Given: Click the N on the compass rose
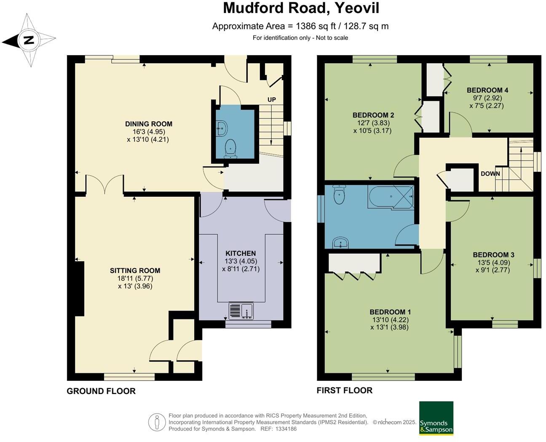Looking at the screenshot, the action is (x=29, y=40).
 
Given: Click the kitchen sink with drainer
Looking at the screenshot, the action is (x=241, y=311).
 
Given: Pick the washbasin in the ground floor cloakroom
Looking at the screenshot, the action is (x=222, y=128).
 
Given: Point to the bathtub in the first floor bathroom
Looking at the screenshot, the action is (x=391, y=196).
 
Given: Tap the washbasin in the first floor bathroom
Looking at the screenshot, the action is (x=340, y=242).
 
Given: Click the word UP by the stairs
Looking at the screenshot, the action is (x=272, y=99).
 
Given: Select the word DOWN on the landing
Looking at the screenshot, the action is (x=490, y=174).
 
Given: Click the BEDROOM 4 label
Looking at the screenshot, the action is (x=487, y=90).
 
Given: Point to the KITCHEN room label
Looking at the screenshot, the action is (x=241, y=253).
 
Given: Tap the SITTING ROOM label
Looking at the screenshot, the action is (x=135, y=271).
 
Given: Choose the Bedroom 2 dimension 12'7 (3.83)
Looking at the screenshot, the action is (x=372, y=123).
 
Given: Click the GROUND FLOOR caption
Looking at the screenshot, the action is (x=101, y=391).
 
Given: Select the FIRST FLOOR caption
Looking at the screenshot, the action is (x=344, y=390).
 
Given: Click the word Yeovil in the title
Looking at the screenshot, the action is (x=357, y=8).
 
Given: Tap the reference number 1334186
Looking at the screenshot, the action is (x=286, y=429).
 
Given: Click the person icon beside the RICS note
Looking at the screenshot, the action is (x=157, y=422).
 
